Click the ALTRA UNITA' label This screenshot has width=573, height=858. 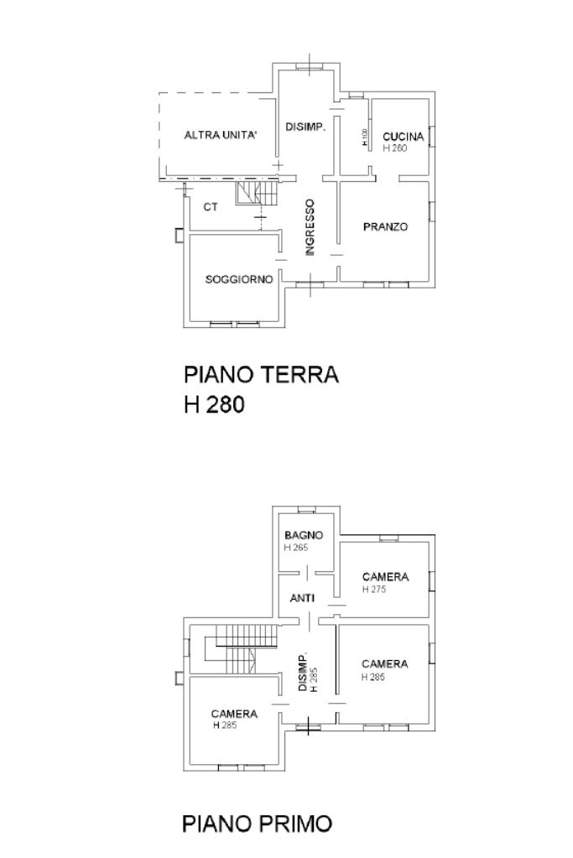[x=221, y=136]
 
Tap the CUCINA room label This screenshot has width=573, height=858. [x=404, y=137]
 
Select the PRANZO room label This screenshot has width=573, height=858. [x=385, y=226]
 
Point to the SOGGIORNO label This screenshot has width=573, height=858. [x=239, y=279]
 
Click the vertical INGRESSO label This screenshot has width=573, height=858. [x=310, y=226]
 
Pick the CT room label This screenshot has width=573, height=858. [x=211, y=207]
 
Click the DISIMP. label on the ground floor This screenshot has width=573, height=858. [x=305, y=127]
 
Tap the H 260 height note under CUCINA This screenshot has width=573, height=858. [x=394, y=148]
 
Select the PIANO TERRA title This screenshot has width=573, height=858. [x=261, y=374]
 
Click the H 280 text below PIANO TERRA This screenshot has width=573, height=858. [x=214, y=404]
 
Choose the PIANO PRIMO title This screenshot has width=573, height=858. [x=257, y=824]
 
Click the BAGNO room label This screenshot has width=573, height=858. [x=303, y=535]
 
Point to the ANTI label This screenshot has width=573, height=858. [x=302, y=599]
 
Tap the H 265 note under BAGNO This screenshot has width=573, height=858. [x=296, y=548]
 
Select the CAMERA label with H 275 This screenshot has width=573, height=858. [x=385, y=577]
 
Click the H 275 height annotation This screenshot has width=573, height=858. [x=373, y=590]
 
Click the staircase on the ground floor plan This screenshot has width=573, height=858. [x=256, y=195]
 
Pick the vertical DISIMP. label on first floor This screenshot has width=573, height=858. [x=305, y=671]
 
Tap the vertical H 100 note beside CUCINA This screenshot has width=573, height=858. [x=365, y=138]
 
